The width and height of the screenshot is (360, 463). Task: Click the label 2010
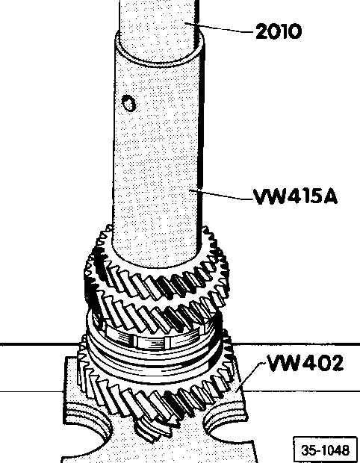(279, 31)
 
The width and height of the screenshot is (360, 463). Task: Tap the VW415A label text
(295, 196)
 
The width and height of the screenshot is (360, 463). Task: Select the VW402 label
(305, 363)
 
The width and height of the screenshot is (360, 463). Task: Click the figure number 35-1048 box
(325, 450)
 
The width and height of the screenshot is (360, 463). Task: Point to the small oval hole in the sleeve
(128, 103)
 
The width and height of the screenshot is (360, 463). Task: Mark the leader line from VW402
(249, 377)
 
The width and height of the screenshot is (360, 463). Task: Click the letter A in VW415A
(330, 197)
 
